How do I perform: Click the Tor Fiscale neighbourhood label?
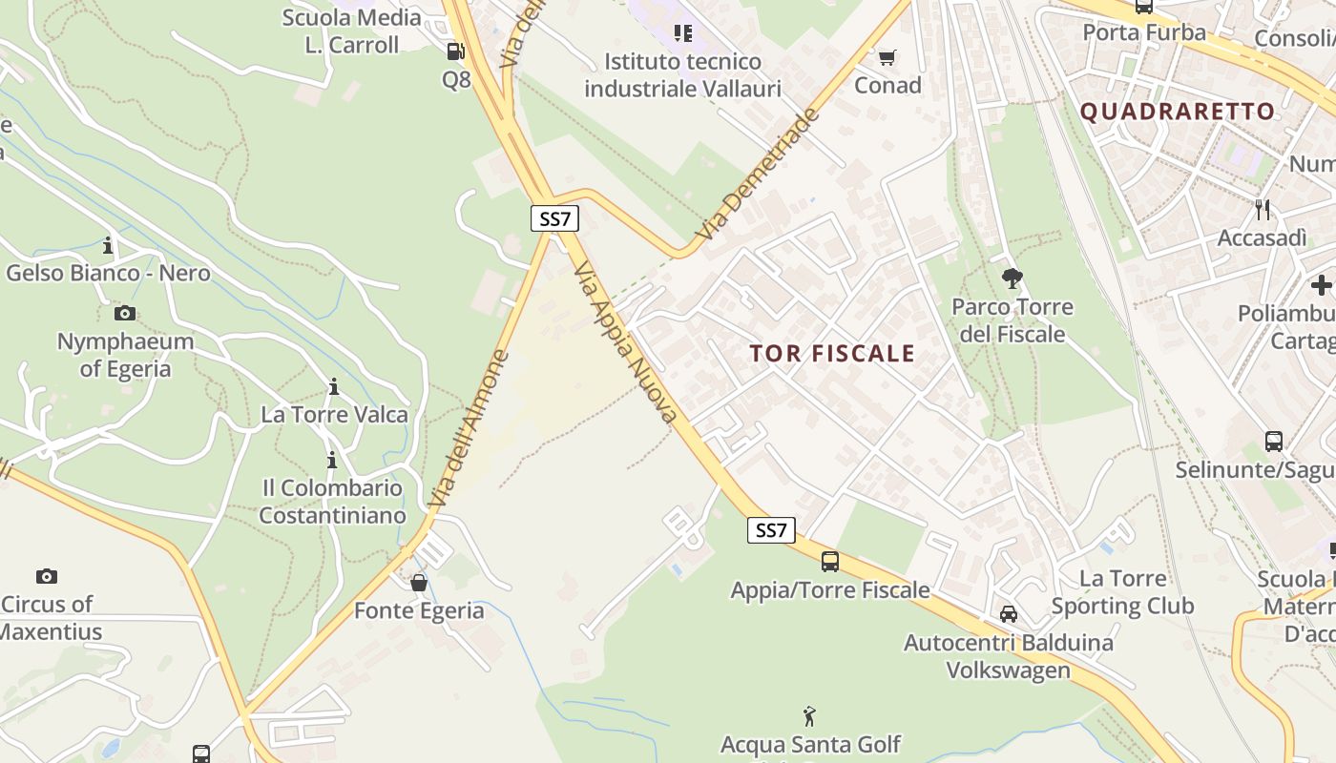832,354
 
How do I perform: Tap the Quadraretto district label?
1178,112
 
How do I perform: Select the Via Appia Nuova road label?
626,342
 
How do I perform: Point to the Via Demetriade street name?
758,175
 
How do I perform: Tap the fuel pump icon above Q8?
456,52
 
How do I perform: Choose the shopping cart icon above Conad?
887,57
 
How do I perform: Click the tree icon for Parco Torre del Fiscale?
1012,278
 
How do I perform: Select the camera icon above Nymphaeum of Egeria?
124,313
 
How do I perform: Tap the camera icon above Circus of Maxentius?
47,576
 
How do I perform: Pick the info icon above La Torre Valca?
334,386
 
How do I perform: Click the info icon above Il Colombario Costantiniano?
332,461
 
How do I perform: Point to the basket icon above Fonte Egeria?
419,583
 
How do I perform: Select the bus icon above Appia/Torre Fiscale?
830,562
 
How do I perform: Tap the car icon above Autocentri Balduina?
1009,614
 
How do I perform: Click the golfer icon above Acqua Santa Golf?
810,715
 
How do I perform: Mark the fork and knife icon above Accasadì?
1263,210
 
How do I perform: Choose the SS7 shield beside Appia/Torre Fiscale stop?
771,530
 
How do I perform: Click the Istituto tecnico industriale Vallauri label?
682,75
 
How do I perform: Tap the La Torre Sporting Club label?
1122,592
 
